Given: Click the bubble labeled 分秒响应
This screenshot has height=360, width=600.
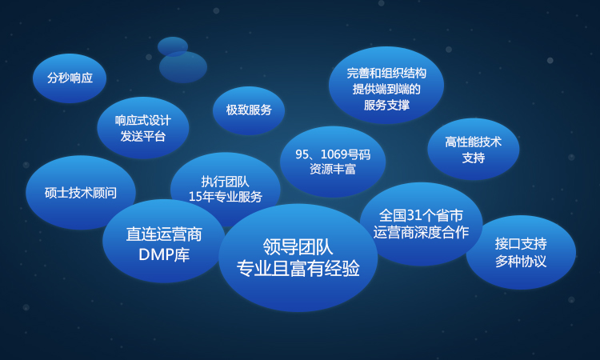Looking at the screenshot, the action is click(70, 78).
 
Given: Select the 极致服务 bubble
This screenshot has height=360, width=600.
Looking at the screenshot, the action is click(249, 110).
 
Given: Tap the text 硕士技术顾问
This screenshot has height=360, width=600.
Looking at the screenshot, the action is click(81, 193).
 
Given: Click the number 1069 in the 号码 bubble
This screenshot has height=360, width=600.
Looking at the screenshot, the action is click(334, 154).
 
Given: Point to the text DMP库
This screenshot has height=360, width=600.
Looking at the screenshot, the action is click(164, 254).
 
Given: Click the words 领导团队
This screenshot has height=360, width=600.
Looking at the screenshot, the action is click(298, 246).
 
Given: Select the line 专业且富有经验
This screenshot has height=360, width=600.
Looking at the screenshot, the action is click(298, 268).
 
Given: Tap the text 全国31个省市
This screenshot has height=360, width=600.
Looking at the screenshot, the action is click(421, 216).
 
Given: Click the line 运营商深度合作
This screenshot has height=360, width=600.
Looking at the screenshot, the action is click(421, 232).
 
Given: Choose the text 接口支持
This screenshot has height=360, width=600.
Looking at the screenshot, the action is click(521, 244).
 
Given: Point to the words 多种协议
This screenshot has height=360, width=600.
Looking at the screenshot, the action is click(521, 262).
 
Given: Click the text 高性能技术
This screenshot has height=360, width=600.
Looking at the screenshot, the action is click(474, 142).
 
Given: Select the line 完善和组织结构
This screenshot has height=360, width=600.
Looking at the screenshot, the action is click(386, 73).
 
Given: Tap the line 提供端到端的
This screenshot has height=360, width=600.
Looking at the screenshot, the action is click(386, 89).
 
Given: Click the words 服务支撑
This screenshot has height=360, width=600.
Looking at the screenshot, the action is click(386, 105).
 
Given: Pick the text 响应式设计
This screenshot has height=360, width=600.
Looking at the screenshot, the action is click(142, 121).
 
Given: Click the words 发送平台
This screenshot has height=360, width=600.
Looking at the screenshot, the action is click(142, 136).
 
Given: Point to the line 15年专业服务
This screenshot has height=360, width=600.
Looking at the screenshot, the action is click(226, 197).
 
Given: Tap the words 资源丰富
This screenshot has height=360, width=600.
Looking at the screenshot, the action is click(333, 169).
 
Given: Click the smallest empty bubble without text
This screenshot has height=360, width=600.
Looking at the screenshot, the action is click(173, 46).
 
